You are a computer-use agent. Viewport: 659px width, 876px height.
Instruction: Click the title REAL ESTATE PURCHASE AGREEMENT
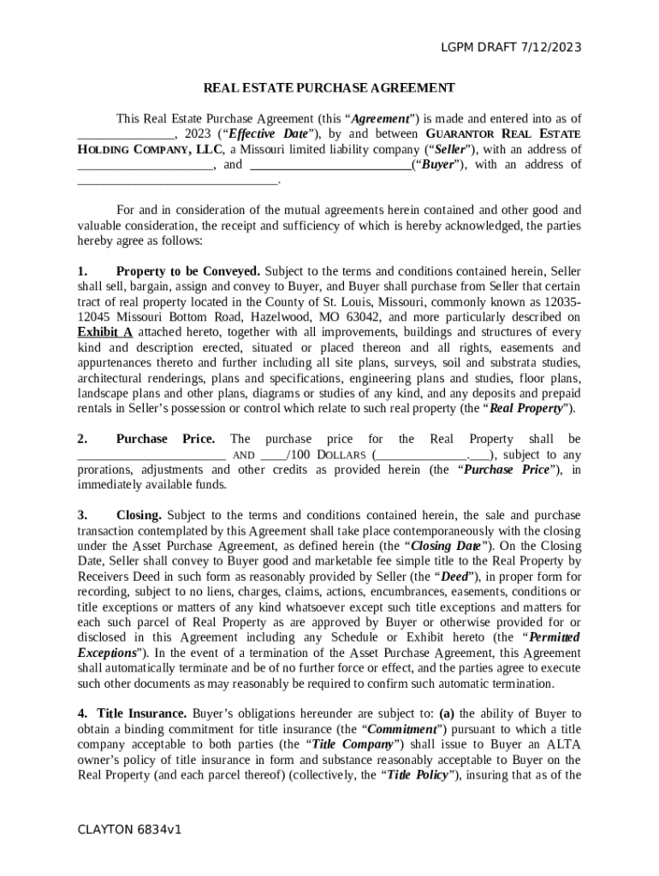[329, 87]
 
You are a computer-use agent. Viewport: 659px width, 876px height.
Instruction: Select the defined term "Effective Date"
[271, 134]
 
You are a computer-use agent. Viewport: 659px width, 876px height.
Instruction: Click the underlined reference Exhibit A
[104, 333]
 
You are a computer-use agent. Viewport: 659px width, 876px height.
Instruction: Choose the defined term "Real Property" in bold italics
[526, 409]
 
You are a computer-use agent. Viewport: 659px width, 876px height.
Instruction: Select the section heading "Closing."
[139, 516]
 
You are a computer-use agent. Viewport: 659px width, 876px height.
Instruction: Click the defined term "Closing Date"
[446, 546]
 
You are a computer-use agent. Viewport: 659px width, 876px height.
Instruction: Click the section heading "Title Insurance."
[142, 713]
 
